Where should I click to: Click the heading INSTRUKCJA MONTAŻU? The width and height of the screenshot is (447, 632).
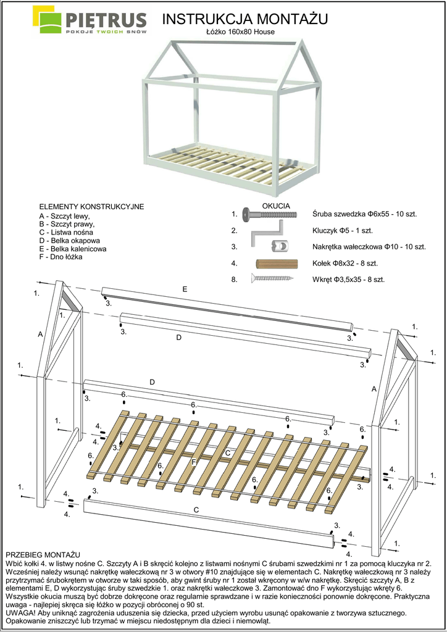pos(245,20)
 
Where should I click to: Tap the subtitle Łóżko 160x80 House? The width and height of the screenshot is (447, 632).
pos(240,31)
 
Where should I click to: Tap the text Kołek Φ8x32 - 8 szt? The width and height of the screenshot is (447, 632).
pos(345,263)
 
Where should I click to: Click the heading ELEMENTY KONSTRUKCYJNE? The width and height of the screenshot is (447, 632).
pos(91,206)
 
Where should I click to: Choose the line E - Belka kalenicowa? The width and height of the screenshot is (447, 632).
pos(72,249)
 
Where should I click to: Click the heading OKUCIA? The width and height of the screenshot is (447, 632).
pos(276,206)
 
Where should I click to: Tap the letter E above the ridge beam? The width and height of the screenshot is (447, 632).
pos(185,289)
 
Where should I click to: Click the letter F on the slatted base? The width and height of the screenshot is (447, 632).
pos(194,462)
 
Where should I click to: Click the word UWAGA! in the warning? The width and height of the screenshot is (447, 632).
pos(20,613)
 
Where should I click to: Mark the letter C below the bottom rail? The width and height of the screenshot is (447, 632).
pos(196,510)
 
